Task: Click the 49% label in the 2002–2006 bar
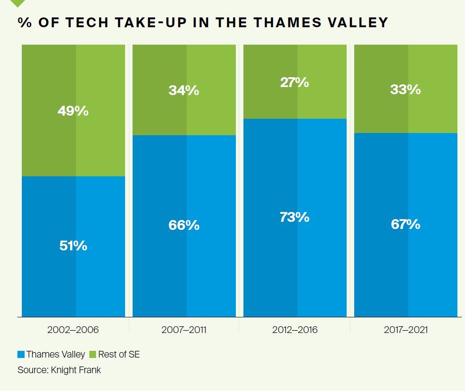pyautogui.click(x=73, y=111)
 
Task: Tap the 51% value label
pyautogui.click(x=73, y=245)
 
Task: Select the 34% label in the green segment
pyautogui.click(x=184, y=90)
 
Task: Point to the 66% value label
pyautogui.click(x=184, y=225)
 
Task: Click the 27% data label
pyautogui.click(x=294, y=82)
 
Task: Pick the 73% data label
pyautogui.click(x=294, y=217)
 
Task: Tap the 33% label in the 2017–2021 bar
pyautogui.click(x=406, y=89)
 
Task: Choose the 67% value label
pyautogui.click(x=406, y=224)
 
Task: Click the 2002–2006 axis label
pyautogui.click(x=73, y=330)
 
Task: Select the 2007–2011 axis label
pyautogui.click(x=184, y=330)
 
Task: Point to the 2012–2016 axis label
pyautogui.click(x=294, y=330)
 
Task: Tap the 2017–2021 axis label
pyautogui.click(x=406, y=330)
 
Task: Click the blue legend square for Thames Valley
pyautogui.click(x=21, y=355)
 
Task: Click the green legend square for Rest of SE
pyautogui.click(x=93, y=355)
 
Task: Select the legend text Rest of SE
pyautogui.click(x=119, y=355)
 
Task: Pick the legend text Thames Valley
pyautogui.click(x=55, y=355)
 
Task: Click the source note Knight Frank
pyautogui.click(x=59, y=370)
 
